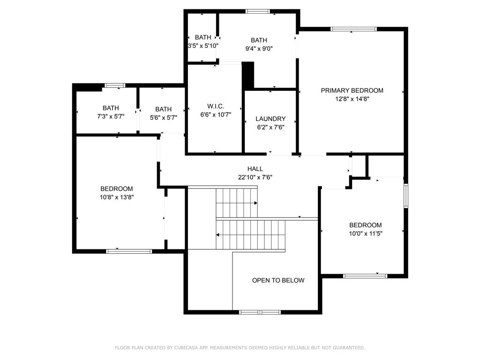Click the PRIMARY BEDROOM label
pyautogui.click(x=352, y=90)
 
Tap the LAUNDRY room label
pyautogui.click(x=270, y=119)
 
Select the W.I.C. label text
pyautogui.click(x=216, y=106)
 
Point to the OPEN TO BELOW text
pyautogui.click(x=278, y=280)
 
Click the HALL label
pyautogui.click(x=255, y=169)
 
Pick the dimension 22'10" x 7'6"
pyautogui.click(x=255, y=177)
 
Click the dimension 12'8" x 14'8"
pyautogui.click(x=352, y=99)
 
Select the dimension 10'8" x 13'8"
pyautogui.click(x=117, y=197)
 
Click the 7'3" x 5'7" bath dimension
pyautogui.click(x=111, y=117)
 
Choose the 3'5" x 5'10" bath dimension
pyautogui.click(x=203, y=46)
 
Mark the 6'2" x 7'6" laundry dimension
pyautogui.click(x=270, y=127)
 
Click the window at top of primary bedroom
pyautogui.click(x=353, y=29)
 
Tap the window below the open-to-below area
pyautogui.click(x=260, y=312)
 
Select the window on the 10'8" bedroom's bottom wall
pyautogui.click(x=129, y=251)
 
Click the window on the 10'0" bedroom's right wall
pyautogui.click(x=406, y=195)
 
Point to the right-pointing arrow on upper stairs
pyautogui.click(x=255, y=203)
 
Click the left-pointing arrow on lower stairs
pyautogui.click(x=218, y=234)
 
